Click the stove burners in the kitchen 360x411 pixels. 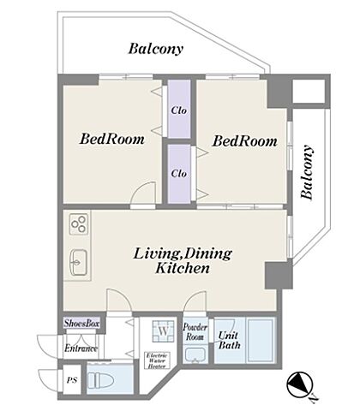79,223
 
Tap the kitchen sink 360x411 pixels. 79,262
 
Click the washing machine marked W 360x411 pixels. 163,331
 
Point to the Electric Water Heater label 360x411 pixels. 157,360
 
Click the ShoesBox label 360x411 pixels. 81,324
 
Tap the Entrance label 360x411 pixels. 81,348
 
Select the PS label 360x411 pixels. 72,380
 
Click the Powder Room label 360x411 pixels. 195,331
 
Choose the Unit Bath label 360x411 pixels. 229,340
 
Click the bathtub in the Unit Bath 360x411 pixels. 261,341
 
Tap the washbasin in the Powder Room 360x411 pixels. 195,354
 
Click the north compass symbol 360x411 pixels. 300,385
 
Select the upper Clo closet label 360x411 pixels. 179,110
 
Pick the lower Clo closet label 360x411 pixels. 179,173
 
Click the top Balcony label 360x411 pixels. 155,49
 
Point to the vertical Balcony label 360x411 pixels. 307,172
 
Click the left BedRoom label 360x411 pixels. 112,139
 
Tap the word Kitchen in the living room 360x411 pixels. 183,268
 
